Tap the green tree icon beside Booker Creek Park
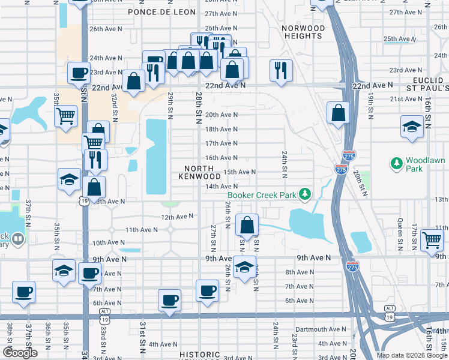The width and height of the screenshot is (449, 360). coord(306,194)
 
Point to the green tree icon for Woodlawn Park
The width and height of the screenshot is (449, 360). coord(396,163)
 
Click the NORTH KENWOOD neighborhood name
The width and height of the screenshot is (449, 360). coord(199,173)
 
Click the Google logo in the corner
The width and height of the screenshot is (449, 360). coord(20,353)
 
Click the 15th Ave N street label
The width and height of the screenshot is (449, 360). coord(240,172)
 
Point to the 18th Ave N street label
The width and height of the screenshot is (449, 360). coord(221,129)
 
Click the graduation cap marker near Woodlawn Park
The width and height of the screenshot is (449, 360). coord(412,127)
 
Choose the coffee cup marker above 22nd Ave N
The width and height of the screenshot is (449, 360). coord(79,73)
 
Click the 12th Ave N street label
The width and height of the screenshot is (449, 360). coord(177,216)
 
